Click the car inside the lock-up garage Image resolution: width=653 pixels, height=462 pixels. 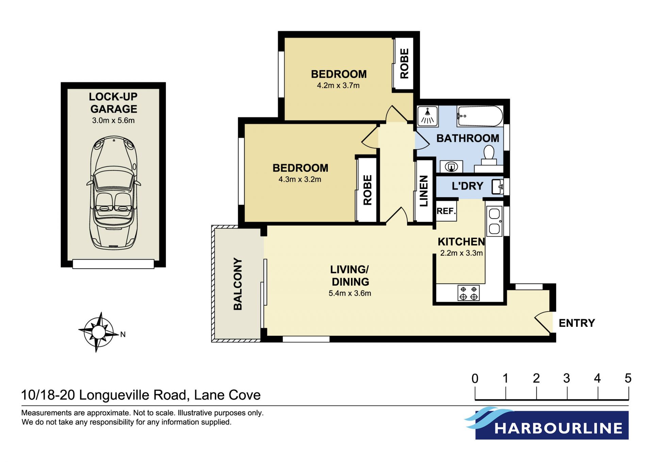tap(114, 192)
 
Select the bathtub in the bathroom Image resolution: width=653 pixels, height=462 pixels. tap(480, 116)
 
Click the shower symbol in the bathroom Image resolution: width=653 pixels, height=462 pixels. tap(428, 116)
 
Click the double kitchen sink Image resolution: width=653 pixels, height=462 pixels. tap(494, 221)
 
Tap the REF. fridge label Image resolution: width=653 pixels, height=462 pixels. tap(446, 211)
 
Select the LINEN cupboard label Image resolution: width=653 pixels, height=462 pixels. tap(424, 191)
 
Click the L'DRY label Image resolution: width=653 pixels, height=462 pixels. tap(467, 186)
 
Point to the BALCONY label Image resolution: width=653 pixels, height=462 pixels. tap(238, 284)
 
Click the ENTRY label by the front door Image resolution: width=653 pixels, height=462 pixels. tap(577, 323)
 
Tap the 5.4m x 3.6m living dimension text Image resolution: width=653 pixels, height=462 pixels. tap(350, 293)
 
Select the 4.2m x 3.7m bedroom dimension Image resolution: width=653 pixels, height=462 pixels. tap(338, 85)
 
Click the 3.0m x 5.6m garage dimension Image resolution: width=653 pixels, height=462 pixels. tap(113, 121)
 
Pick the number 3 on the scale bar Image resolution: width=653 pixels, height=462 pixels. tap(567, 378)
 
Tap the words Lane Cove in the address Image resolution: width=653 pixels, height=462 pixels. tap(227, 395)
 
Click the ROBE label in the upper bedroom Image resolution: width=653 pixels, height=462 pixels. tap(404, 63)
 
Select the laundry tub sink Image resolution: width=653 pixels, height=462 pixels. tap(498, 187)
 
